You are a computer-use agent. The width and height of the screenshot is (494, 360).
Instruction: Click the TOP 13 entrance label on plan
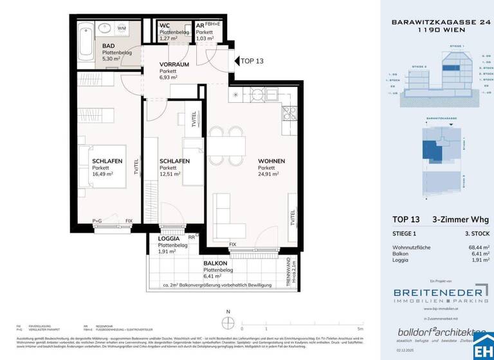click(252, 61)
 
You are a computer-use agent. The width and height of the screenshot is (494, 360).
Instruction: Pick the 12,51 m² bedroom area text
click(170, 174)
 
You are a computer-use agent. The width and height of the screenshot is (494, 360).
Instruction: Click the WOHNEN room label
click(271, 161)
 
